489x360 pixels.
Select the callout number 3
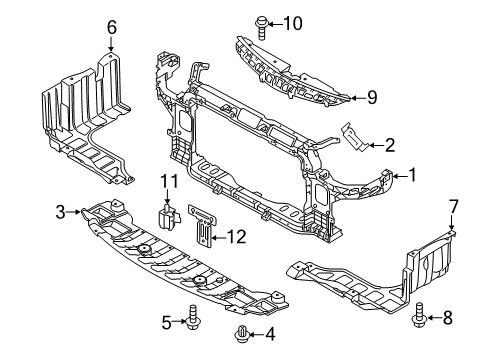point(61,211)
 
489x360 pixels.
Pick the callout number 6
point(112,26)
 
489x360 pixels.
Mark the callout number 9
point(371,97)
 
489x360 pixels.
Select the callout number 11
point(168,181)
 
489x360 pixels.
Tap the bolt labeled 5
point(190,320)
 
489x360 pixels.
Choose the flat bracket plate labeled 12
point(201,226)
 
